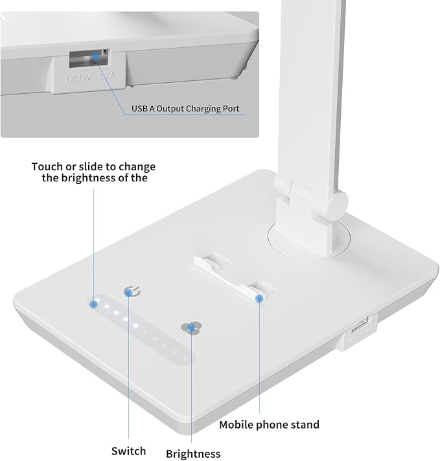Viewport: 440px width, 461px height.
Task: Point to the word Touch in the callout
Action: (47, 166)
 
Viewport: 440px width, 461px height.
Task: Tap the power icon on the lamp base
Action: (130, 293)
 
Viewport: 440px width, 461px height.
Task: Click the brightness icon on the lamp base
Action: (191, 328)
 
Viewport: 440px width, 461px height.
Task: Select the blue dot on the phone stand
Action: (259, 298)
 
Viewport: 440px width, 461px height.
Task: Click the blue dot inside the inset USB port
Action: (97, 58)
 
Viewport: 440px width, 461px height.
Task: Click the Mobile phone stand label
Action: (269, 425)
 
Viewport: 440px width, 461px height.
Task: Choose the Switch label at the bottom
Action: (128, 451)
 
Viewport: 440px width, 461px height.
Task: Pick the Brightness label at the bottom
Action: (193, 454)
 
